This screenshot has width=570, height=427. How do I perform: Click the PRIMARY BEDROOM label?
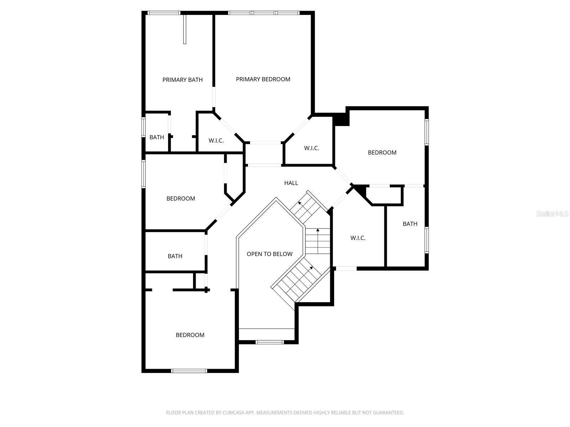[x=263, y=79]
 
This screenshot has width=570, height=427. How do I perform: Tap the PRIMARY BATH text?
[x=182, y=80]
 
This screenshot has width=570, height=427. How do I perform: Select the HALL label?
[x=291, y=183]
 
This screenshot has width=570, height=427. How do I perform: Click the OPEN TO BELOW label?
[x=269, y=254]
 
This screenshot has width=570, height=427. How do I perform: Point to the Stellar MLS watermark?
[x=552, y=214]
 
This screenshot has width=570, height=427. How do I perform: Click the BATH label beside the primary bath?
[x=157, y=137]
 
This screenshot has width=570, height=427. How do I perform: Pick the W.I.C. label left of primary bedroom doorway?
[x=216, y=141]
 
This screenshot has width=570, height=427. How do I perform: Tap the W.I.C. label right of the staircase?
[x=358, y=238]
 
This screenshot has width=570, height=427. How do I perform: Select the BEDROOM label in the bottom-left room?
[x=190, y=335]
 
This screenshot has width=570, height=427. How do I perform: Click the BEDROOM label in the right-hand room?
[x=382, y=153]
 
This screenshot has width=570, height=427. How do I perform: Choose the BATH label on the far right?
[x=410, y=224]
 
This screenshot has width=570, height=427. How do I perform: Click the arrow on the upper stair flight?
[x=300, y=203]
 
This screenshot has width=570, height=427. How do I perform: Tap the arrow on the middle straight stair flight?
[x=318, y=230]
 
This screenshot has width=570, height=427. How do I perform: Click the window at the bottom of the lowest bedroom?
[x=189, y=371]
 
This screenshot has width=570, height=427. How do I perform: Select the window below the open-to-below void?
[x=270, y=342]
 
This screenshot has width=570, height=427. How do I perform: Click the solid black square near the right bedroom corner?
[x=341, y=119]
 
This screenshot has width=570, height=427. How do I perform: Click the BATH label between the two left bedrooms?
[x=175, y=256]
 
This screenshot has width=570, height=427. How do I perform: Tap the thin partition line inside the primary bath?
[x=185, y=29]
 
